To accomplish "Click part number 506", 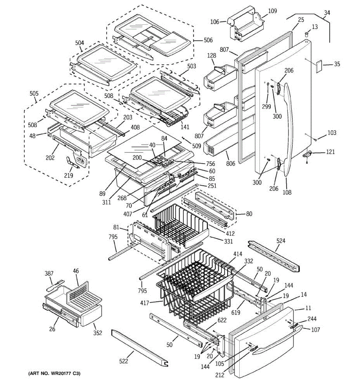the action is tap(208, 40).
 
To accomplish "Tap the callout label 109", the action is tap(272, 11).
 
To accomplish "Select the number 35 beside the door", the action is tap(337, 64).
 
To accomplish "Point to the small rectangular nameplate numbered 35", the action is tap(319, 66).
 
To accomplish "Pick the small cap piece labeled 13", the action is tap(306, 35).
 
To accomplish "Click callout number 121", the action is tap(331, 152).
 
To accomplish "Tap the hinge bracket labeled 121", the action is tap(308, 154).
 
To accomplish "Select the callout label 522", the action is tap(124, 361).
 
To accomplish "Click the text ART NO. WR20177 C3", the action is tap(54, 373).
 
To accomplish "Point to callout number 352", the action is tap(98, 333).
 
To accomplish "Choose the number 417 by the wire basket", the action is tap(145, 303).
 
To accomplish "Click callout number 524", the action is tap(281, 241).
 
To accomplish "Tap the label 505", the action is tap(34, 93).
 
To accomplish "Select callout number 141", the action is tap(185, 127).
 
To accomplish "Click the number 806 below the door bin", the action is tap(231, 164).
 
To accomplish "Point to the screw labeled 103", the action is tap(316, 140).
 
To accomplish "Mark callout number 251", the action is tap(212, 186).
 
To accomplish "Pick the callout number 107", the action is tap(315, 330).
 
